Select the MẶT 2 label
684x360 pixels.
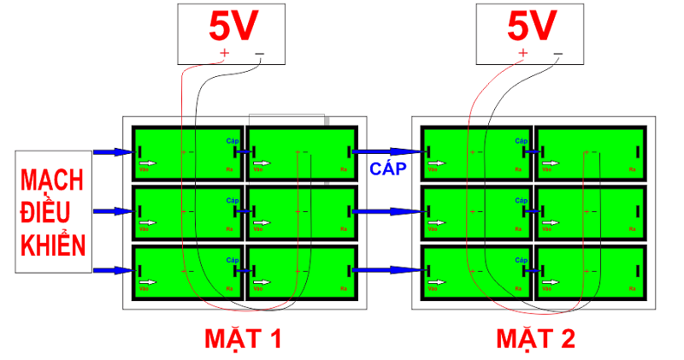point(535,339)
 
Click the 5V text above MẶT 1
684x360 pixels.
point(233,27)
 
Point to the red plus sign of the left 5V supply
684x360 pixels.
point(225,53)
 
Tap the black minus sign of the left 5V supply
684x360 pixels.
point(259,53)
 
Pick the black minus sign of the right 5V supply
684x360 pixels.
point(557,53)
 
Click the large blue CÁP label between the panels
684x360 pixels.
point(386,168)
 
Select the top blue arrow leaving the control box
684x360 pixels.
point(112,152)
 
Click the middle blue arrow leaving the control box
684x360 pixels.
point(112,210)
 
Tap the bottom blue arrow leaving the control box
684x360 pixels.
point(112,270)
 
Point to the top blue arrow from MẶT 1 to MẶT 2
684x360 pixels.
point(389,152)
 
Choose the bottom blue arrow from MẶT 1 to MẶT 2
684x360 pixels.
point(389,270)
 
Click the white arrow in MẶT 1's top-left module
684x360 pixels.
point(149,162)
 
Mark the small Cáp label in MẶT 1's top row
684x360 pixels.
point(232,140)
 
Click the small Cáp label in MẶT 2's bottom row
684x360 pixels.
point(522,259)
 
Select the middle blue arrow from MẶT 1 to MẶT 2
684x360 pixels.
point(389,210)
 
